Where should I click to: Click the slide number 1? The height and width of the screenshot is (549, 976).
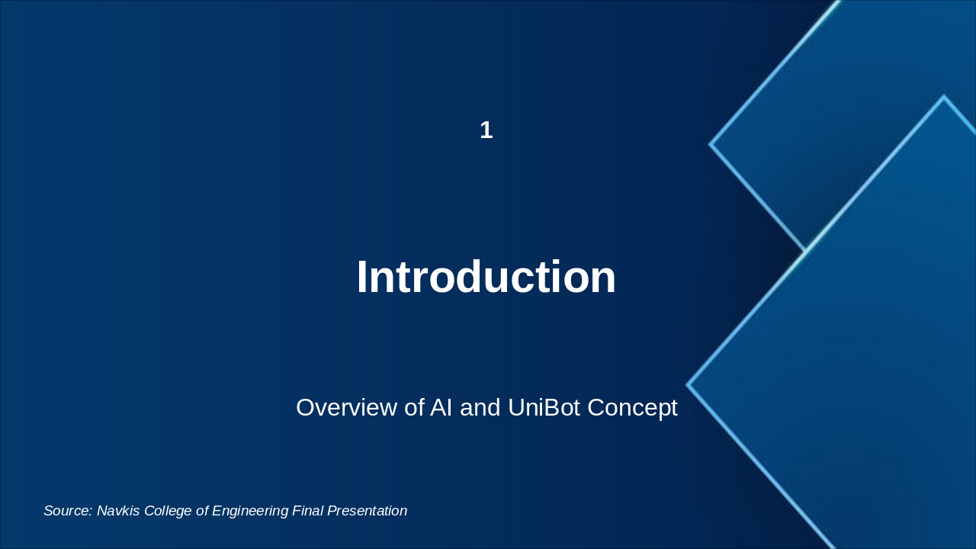point(486,130)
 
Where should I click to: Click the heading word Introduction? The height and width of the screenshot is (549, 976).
point(486,277)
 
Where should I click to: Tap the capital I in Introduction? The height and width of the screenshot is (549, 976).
point(362,277)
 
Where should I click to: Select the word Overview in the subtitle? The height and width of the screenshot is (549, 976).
point(346,408)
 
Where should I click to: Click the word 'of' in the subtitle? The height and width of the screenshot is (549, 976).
point(413,408)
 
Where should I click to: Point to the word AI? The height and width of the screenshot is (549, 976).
point(441,408)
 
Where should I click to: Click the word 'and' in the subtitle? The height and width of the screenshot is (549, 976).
point(480,408)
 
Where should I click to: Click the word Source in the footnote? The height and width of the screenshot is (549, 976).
point(67,511)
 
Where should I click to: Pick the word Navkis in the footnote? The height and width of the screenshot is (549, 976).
point(119,511)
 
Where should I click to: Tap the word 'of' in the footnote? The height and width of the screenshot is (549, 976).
point(203,511)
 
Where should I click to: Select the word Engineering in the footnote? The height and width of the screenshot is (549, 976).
point(250,511)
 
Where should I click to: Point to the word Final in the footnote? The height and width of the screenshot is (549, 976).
point(307,511)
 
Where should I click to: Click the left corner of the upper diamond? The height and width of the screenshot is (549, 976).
point(711,143)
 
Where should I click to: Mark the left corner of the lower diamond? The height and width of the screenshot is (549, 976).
point(688,385)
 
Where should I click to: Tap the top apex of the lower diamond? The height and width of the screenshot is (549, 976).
point(944,97)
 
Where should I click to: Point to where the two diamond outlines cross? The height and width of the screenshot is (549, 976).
point(805,251)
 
